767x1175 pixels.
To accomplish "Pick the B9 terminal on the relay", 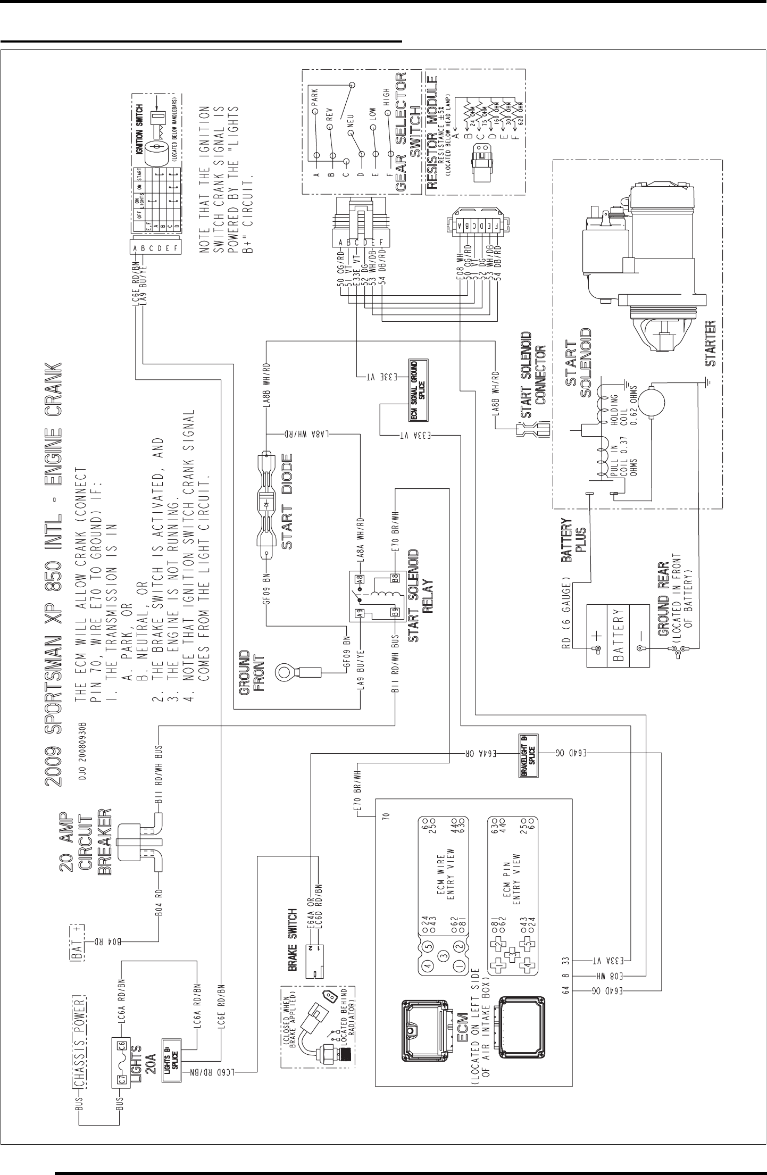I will tap(395, 611).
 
